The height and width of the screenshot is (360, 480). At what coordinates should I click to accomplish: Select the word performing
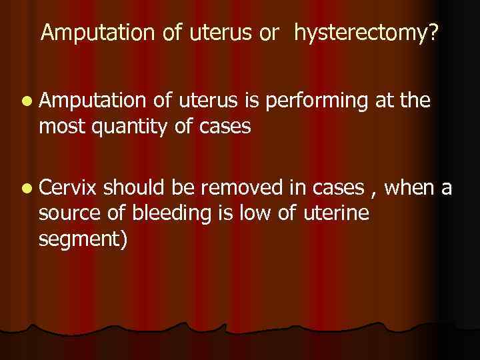click(323, 102)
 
